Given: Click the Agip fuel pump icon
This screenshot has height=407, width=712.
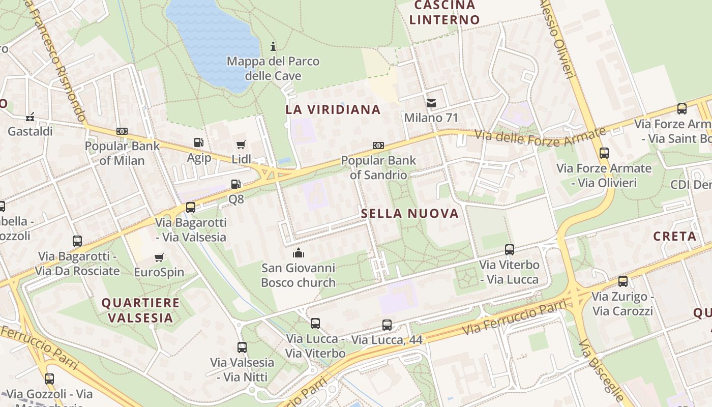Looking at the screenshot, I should [199, 142].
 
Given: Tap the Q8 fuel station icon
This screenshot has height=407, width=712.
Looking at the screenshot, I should [236, 184].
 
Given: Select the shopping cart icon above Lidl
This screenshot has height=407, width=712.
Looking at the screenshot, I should [241, 144].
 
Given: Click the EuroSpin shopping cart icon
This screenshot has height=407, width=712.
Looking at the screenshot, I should [159, 257].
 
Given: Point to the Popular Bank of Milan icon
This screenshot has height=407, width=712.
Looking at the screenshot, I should [122, 131].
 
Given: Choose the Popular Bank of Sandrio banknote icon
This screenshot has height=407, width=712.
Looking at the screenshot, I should [378, 146].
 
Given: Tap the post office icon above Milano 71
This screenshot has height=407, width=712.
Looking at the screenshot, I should [431, 103].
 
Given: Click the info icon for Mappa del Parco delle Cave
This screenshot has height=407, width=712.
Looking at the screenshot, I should [273, 46].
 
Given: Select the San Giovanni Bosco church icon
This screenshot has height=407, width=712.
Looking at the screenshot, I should [299, 252].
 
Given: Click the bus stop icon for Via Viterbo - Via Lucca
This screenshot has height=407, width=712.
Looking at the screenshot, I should [510, 250].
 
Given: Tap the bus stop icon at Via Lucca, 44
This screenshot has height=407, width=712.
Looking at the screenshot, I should [387, 325].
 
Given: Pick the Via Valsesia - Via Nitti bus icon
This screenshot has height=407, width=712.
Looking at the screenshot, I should [242, 347].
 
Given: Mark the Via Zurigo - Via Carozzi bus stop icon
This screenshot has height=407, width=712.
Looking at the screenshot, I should [623, 281].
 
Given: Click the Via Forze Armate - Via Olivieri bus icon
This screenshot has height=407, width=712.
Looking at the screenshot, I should [604, 153].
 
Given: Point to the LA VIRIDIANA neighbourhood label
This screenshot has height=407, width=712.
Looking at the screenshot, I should [333, 109].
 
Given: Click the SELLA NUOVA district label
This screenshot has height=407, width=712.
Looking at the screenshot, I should [410, 213].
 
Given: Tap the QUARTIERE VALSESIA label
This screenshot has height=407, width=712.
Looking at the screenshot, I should [140, 310].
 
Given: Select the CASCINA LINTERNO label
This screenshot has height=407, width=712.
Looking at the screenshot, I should [445, 13].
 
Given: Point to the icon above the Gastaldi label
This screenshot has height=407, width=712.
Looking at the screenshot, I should [30, 117].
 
